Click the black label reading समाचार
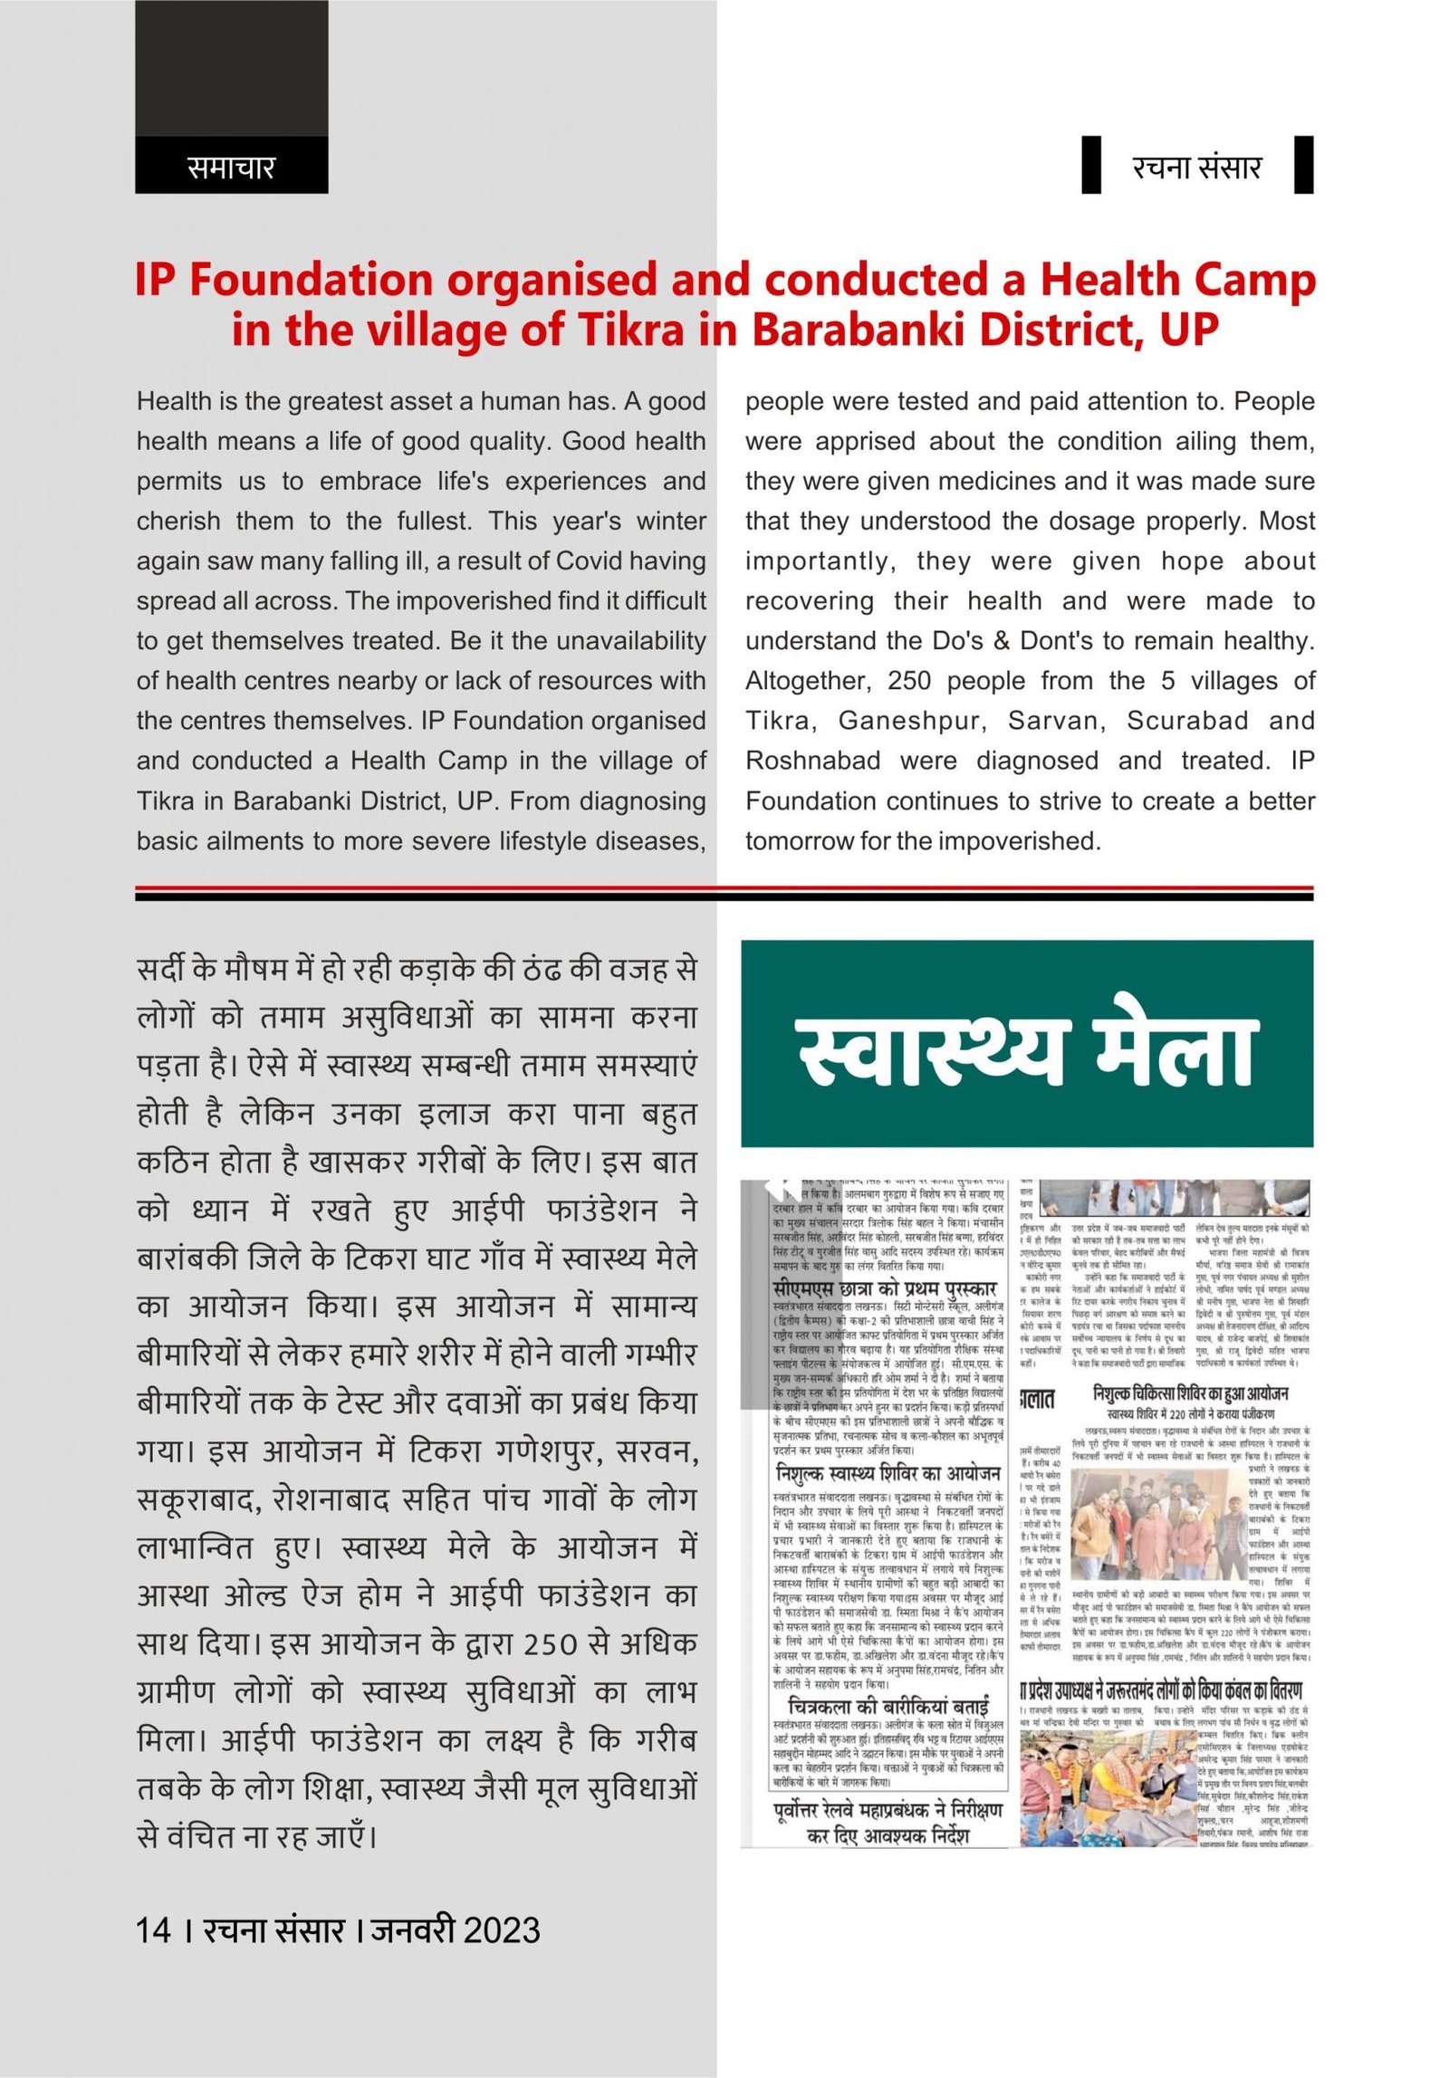(230, 167)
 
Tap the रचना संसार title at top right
(1195, 167)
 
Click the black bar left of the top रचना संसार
(1091, 164)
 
